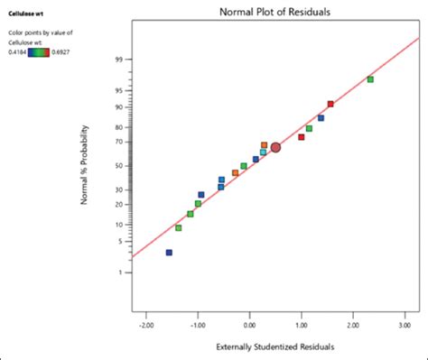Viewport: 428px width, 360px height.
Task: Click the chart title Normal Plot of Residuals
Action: tap(274, 12)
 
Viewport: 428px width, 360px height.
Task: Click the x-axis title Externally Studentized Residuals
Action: tap(274, 346)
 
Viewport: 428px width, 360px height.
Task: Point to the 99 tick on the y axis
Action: tap(117, 60)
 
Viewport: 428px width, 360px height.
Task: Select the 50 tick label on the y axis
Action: tap(117, 166)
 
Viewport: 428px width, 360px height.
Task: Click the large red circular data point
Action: tap(275, 147)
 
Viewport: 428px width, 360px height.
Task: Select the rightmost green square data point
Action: tap(370, 79)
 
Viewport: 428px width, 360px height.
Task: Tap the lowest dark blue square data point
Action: tap(169, 253)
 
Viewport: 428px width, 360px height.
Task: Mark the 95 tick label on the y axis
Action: tap(117, 90)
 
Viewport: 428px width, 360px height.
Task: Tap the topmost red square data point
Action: tap(330, 104)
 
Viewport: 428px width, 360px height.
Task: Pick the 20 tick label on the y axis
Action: tap(117, 204)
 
